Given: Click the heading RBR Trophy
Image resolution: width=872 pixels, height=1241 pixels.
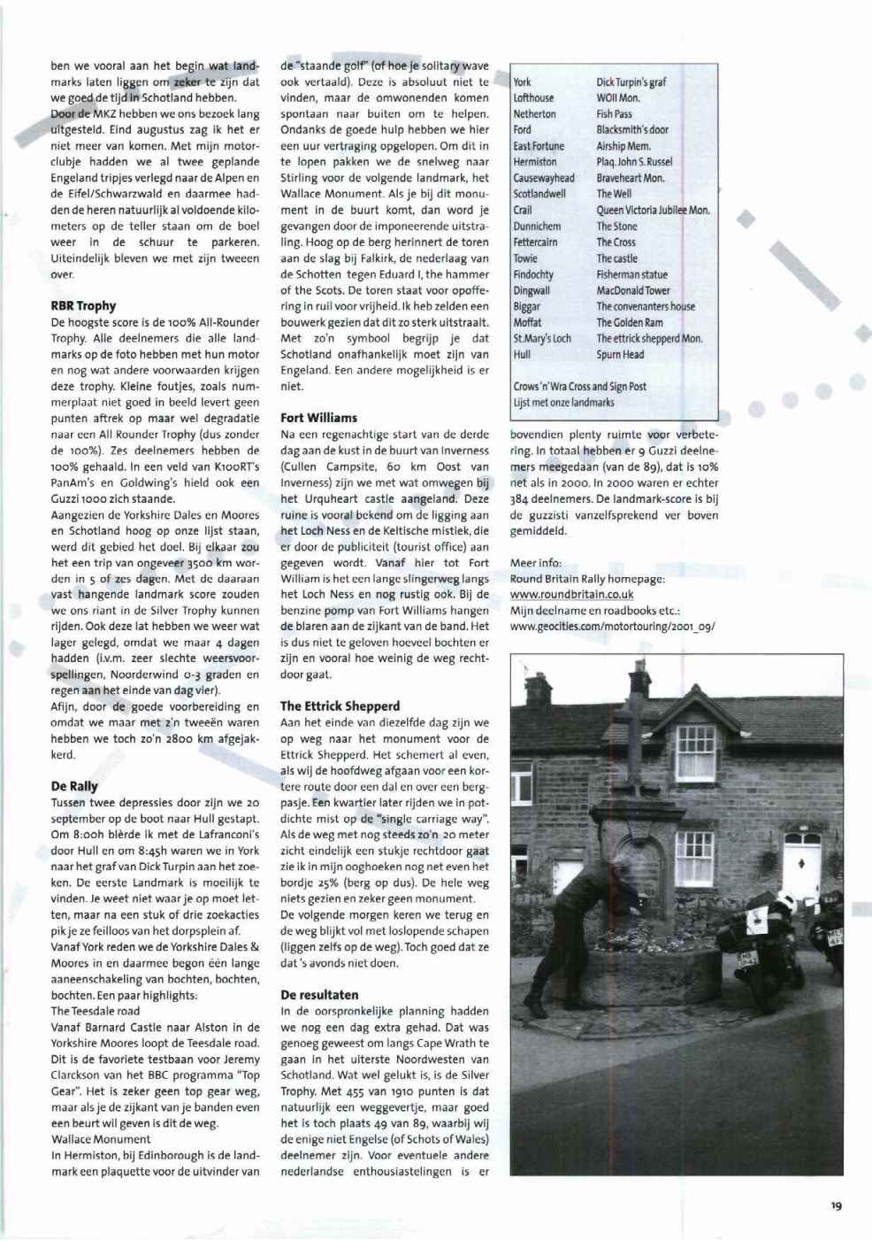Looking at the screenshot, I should click(83, 306).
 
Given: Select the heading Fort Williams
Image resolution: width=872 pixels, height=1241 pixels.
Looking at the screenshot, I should click(318, 418).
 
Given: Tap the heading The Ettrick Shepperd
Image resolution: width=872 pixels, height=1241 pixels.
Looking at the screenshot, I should click(340, 706).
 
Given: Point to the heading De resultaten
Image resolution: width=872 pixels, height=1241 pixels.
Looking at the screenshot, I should click(319, 995).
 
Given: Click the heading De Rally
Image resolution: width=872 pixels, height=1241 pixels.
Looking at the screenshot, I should click(74, 786).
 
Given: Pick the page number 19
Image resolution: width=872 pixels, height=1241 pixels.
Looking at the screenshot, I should click(836, 1205).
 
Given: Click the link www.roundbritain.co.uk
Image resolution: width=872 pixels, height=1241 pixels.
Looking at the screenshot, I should click(571, 595).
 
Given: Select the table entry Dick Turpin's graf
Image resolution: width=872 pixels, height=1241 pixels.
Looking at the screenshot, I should click(631, 82).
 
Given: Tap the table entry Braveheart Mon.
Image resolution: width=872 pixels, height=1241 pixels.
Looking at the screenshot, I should click(630, 178).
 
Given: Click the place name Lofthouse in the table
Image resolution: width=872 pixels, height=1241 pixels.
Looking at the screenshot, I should click(533, 98).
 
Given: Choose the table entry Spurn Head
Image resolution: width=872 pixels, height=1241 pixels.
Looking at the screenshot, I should click(620, 355).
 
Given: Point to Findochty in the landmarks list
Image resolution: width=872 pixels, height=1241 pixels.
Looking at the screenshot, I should click(533, 274).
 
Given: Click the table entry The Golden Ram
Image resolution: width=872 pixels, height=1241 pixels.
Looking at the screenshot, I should click(629, 323).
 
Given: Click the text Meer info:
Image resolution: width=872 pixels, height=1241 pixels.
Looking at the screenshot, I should click(535, 563).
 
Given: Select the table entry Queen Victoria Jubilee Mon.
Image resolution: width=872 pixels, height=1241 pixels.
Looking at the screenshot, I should click(653, 210).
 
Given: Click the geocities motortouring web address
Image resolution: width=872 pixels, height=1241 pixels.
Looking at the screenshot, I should click(612, 627).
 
